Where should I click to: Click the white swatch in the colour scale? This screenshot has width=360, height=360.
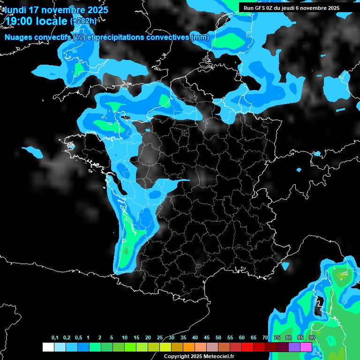coord(48,347)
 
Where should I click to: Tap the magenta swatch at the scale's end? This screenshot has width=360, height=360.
coord(306,347)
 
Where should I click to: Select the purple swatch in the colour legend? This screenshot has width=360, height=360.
coord(294,347)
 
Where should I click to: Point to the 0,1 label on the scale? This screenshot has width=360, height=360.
coord(55,338)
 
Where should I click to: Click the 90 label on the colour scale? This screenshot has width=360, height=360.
coord(312,338)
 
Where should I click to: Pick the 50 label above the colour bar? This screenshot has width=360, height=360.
coord(218,338)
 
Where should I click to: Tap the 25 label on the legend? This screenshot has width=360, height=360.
coord(160,338)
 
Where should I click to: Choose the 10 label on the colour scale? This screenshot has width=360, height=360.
coord(125,338)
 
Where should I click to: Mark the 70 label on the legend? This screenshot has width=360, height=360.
coord(265,338)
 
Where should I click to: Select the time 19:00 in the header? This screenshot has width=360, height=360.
coord(19,21)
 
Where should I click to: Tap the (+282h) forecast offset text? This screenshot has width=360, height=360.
coord(83,21)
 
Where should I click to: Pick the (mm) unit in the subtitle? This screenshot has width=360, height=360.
coord(200,37)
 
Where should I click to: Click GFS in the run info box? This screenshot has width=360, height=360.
coord(262,8)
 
